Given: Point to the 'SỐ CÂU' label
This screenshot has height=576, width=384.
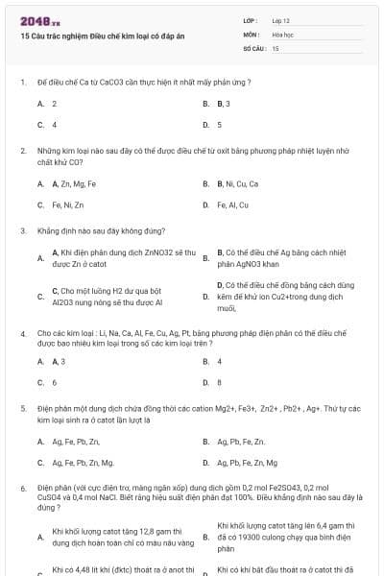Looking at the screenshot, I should point(253,47).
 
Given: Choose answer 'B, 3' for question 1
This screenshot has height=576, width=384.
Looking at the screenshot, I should point(223,103).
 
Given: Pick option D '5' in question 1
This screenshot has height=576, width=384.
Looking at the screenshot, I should point(219,124).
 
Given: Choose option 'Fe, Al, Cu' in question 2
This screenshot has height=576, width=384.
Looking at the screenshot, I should point(232,204).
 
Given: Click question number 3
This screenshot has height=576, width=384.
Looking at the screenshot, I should point(22,231).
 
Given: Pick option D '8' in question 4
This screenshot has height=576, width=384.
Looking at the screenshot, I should point(219,382).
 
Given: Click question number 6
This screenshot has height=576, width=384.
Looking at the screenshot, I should point(22,489).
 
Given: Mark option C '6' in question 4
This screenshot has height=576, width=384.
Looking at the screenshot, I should point(55,382).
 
